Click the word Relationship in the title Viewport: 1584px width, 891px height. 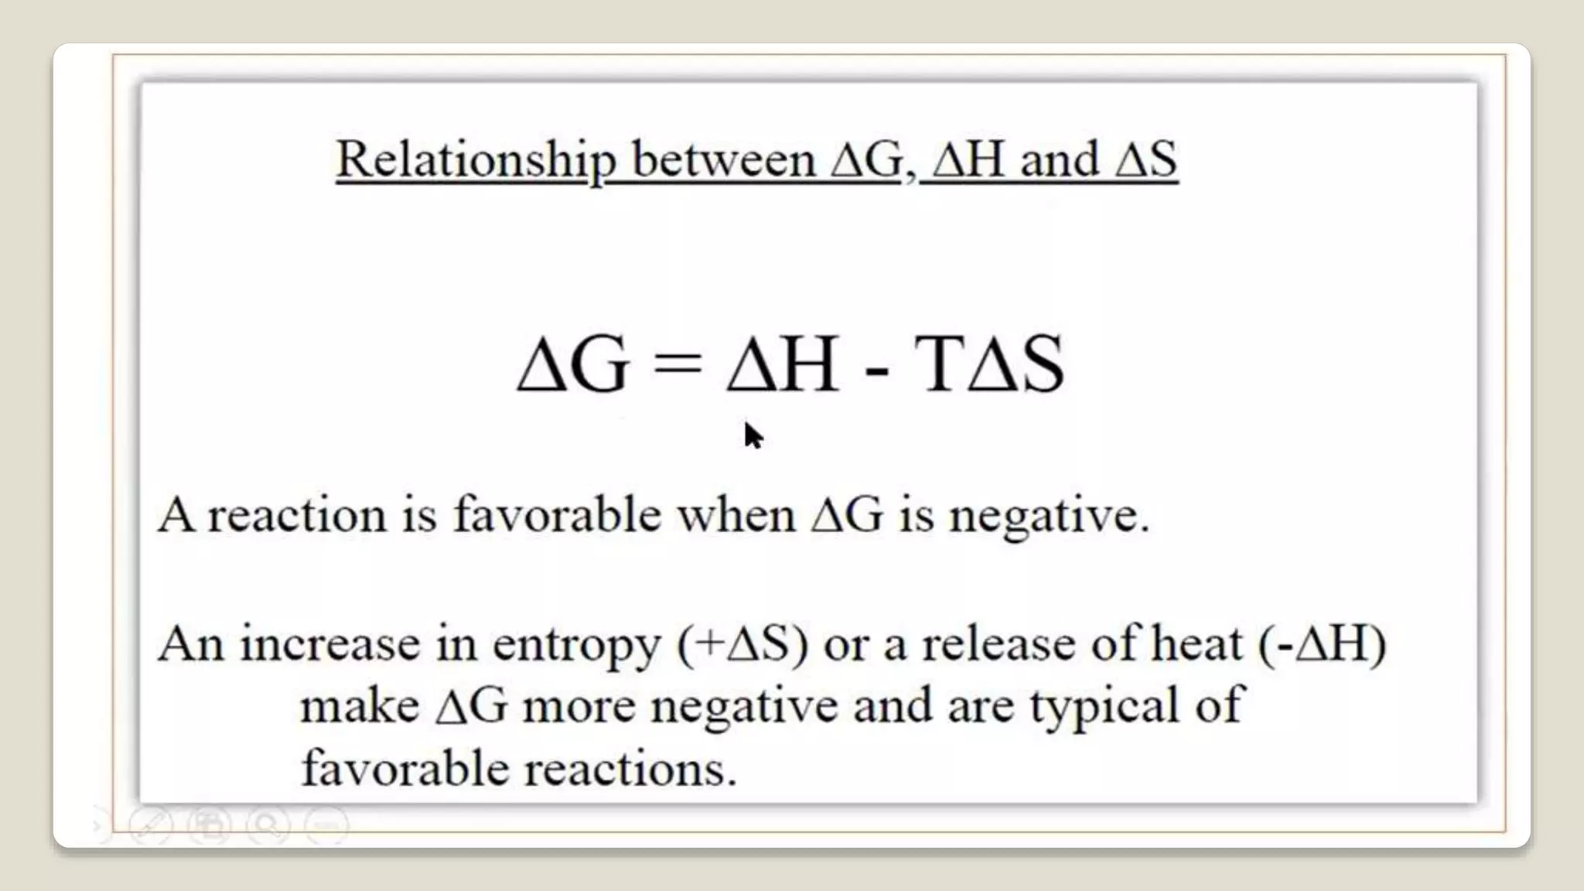click(476, 159)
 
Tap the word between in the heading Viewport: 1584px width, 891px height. click(723, 159)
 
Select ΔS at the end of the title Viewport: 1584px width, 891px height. click(1147, 159)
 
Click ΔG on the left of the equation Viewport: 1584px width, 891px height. click(572, 364)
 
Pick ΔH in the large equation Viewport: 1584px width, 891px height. click(782, 364)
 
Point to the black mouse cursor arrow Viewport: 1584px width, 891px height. click(752, 435)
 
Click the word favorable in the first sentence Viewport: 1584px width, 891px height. click(557, 514)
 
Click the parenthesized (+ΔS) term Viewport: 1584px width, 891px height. click(742, 643)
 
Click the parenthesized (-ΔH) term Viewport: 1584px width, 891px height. click(1323, 643)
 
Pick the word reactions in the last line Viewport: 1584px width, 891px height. click(630, 770)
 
